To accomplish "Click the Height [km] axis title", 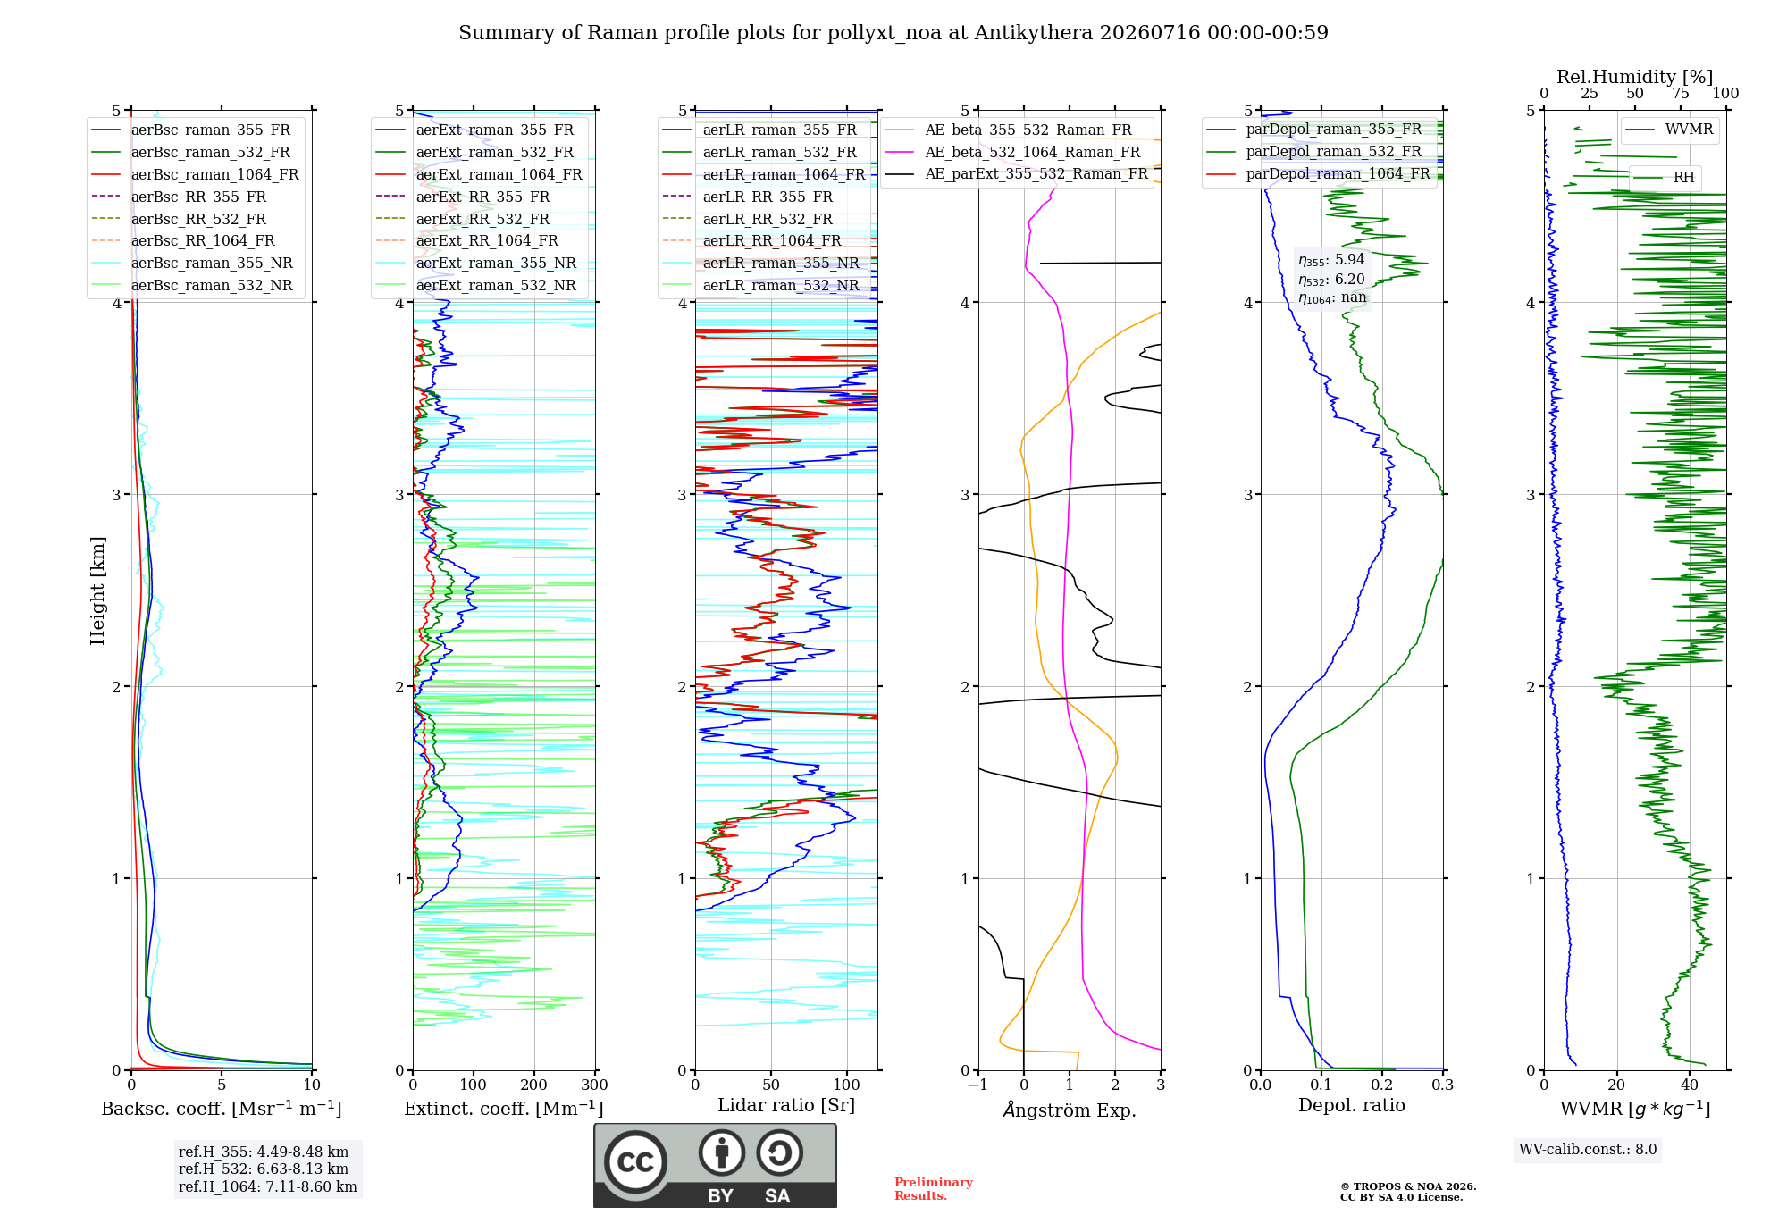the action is (x=97, y=591).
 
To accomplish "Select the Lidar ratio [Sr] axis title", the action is (x=786, y=1105).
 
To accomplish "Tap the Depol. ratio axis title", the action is (x=1351, y=1105).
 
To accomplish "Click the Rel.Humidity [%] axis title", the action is (x=1634, y=77).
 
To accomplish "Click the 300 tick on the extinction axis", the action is (x=594, y=1085).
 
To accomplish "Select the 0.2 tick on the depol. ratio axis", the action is (x=1382, y=1085).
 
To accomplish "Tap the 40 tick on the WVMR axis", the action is (x=1689, y=1085).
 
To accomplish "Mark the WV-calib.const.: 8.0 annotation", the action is (x=1588, y=1149).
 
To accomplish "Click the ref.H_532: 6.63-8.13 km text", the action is (x=264, y=1169).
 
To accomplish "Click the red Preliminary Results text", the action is (x=933, y=1188).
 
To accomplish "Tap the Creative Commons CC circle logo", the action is (x=635, y=1161).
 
